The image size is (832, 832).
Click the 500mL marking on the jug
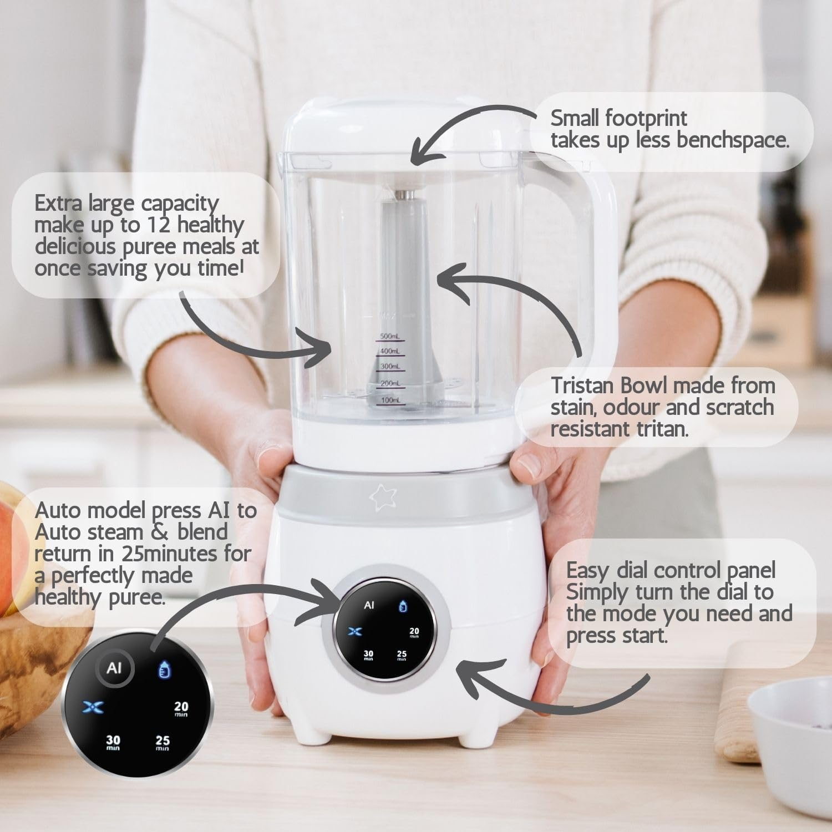(390, 337)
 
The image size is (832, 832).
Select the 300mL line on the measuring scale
(390, 367)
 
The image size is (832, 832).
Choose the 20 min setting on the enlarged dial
(181, 708)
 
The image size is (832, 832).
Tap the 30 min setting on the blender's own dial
(368, 655)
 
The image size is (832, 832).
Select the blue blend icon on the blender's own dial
(356, 631)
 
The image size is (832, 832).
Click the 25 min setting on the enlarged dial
(163, 742)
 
